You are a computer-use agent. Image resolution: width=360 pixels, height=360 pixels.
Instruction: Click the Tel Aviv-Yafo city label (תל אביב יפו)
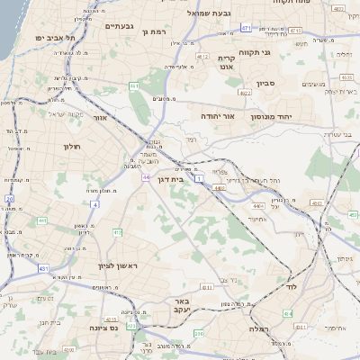coord(54,38)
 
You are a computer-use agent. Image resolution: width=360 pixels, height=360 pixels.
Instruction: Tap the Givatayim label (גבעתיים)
coord(119,26)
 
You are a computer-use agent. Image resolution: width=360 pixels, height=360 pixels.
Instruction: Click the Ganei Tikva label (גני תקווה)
coord(277,52)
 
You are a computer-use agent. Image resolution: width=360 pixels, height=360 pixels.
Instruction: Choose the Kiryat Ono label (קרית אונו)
coord(226,61)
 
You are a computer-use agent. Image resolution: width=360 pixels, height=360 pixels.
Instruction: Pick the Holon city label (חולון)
coord(72,146)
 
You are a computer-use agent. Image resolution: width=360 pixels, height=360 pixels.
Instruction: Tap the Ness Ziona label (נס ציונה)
coord(108,327)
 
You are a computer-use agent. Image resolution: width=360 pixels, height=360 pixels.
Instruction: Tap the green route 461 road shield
coord(133,86)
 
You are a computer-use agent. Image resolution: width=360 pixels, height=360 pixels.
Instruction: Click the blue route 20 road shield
coord(9,198)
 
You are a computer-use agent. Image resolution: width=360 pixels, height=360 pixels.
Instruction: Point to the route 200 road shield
coord(200,334)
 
